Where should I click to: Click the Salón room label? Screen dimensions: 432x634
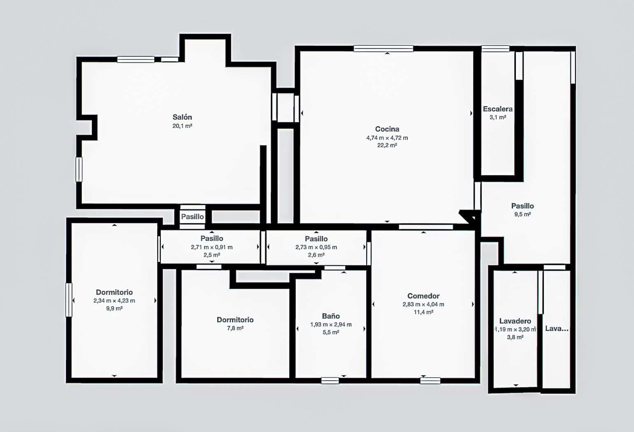pyautogui.click(x=182, y=117)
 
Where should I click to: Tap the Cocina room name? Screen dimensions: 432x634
pyautogui.click(x=387, y=129)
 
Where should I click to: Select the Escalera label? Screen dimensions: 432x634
pyautogui.click(x=497, y=109)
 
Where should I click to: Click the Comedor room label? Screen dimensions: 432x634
pyautogui.click(x=423, y=296)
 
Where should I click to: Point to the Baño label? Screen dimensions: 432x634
pyautogui.click(x=331, y=316)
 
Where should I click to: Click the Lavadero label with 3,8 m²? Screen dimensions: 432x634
pyautogui.click(x=515, y=321)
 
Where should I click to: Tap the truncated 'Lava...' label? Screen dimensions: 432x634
pyautogui.click(x=557, y=328)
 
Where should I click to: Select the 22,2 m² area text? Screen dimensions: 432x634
pyautogui.click(x=387, y=146)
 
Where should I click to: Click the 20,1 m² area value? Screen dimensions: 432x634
pyautogui.click(x=182, y=126)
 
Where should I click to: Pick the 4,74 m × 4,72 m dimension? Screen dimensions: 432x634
pyautogui.click(x=387, y=138)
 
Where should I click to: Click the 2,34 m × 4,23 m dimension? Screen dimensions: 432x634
pyautogui.click(x=114, y=301)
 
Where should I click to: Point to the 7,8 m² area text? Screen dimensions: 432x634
pyautogui.click(x=235, y=328)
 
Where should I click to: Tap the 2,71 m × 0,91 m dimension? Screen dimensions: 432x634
pyautogui.click(x=211, y=247)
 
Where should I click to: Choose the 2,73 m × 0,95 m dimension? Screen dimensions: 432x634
pyautogui.click(x=316, y=247)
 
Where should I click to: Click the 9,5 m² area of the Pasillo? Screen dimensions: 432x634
pyautogui.click(x=522, y=215)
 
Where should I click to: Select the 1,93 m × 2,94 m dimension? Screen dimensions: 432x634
pyautogui.click(x=331, y=325)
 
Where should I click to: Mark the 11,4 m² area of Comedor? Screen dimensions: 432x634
pyautogui.click(x=423, y=312)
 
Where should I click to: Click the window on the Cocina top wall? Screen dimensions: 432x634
pyautogui.click(x=383, y=49)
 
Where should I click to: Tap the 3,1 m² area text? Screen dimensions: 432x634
pyautogui.click(x=497, y=118)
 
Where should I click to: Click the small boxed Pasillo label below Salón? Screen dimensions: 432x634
pyautogui.click(x=192, y=217)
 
